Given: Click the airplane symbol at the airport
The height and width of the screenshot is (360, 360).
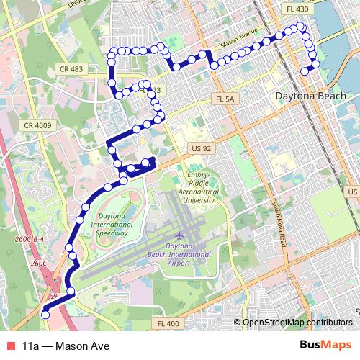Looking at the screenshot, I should pyautogui.click(x=178, y=235).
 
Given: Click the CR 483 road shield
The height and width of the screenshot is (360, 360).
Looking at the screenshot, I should pyautogui.click(x=68, y=69).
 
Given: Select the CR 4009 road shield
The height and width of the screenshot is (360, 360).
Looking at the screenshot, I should pyautogui.click(x=37, y=125).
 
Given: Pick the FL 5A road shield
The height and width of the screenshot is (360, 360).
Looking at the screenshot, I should pyautogui.click(x=225, y=99).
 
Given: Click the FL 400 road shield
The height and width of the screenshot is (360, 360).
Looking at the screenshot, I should pyautogui.click(x=168, y=324).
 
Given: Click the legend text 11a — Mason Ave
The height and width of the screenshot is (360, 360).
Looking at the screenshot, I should pyautogui.click(x=66, y=346).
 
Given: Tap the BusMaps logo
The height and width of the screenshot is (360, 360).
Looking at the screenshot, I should pyautogui.click(x=326, y=346).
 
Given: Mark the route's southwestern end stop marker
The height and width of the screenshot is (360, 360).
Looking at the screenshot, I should pyautogui.click(x=45, y=312).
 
